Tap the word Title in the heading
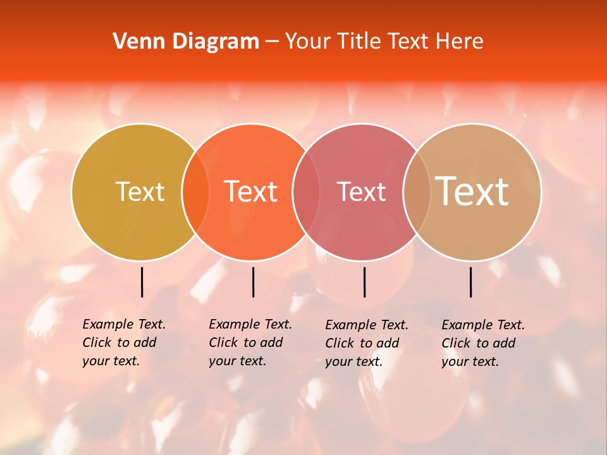coord(359,41)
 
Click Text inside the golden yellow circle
coord(140,191)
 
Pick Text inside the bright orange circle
coord(251,191)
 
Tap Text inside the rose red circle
coord(361,191)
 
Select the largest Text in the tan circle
coord(472,191)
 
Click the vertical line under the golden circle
coord(142,282)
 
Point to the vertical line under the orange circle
coord(253,282)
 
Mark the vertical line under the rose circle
coord(364,282)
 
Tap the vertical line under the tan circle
coord(471,282)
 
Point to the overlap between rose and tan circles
coord(417,191)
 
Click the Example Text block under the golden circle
coord(124,343)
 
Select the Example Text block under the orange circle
coord(250,343)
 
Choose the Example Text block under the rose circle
coord(367,343)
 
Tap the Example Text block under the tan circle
coord(483,343)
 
